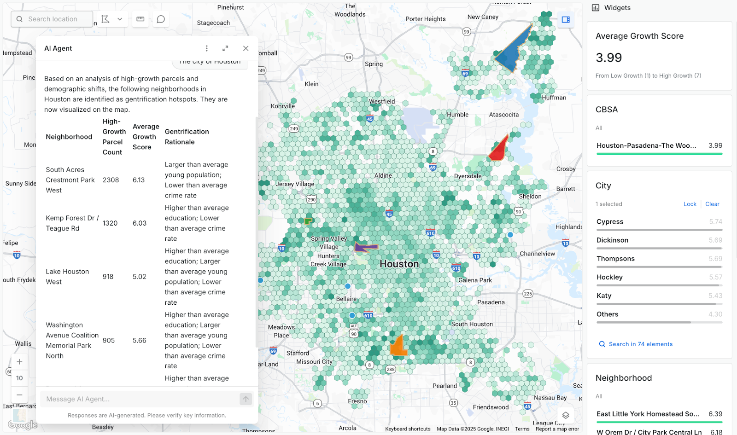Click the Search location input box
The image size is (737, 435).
coord(53,19)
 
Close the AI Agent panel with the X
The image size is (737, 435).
coord(246,48)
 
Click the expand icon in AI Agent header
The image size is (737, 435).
coord(225,48)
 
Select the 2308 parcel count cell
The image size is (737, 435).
coord(111,180)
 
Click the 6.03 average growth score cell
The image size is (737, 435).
coord(140,223)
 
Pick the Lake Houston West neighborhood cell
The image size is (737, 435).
coord(67,277)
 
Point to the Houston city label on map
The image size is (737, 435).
coord(399,264)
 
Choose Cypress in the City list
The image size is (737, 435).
coord(610,222)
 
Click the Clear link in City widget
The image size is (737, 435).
coord(712,204)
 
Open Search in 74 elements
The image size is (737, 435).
coord(640,344)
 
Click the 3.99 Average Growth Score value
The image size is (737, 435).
coord(608,58)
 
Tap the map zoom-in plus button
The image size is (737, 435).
coord(19,362)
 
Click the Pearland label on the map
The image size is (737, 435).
coord(445,386)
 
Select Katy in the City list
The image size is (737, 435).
coord(604,296)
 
